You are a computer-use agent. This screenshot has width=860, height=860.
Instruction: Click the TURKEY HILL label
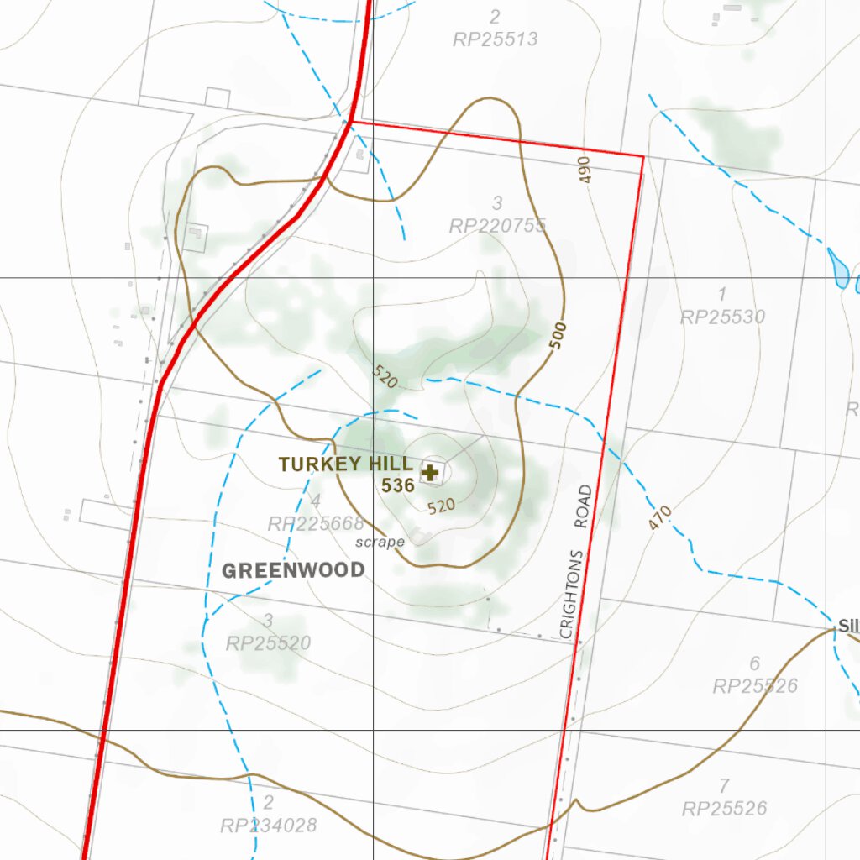(345, 464)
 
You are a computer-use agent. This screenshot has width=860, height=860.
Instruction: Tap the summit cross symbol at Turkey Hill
(431, 473)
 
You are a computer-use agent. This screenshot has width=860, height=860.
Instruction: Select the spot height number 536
(398, 485)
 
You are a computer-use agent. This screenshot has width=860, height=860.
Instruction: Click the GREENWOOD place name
(293, 571)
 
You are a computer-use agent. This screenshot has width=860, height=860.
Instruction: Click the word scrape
(380, 543)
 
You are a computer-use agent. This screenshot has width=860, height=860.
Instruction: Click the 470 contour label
(660, 517)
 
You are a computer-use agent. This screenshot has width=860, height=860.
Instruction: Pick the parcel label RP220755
(497, 226)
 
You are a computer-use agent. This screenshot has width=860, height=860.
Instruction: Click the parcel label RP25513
(495, 39)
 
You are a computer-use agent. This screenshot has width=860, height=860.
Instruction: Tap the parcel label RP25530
(722, 317)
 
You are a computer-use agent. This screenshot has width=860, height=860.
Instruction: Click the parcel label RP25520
(268, 644)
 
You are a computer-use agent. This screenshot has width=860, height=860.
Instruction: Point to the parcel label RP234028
(269, 826)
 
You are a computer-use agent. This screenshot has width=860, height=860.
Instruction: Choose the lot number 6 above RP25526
(754, 664)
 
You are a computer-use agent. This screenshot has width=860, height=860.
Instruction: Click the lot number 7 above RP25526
(724, 786)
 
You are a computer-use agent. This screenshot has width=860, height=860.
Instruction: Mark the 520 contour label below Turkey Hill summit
(441, 506)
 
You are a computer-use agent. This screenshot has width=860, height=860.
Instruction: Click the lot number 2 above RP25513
(494, 17)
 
